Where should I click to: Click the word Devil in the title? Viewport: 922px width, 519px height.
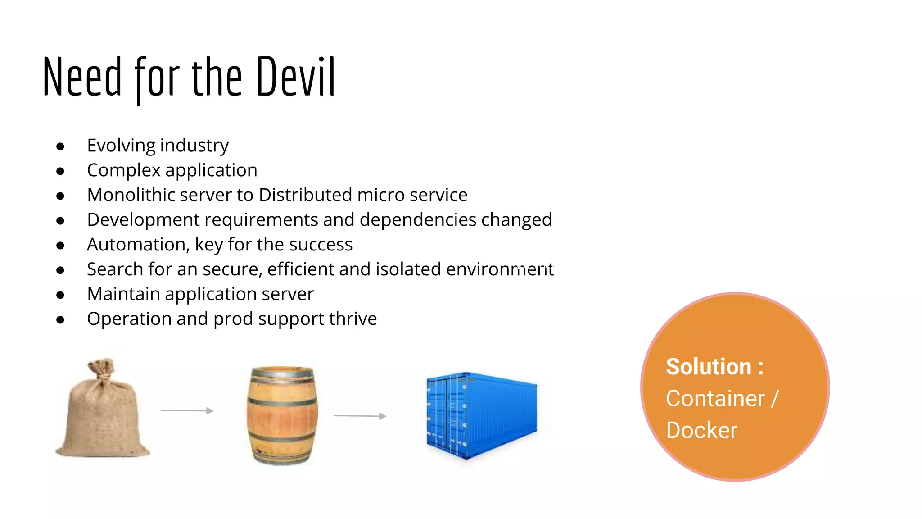click(x=296, y=77)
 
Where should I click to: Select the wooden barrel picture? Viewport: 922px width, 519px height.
click(x=282, y=415)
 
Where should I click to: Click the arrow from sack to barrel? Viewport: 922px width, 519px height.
click(x=187, y=410)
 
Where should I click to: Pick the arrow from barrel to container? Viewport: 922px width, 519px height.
click(x=360, y=416)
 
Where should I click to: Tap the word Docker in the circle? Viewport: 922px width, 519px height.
click(x=701, y=430)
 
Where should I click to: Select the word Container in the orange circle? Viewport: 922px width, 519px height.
click(x=715, y=399)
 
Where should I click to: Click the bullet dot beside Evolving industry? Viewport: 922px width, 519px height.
click(x=60, y=146)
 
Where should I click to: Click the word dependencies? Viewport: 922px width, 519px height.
click(x=418, y=220)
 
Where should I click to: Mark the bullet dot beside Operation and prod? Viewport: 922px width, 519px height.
click(x=60, y=320)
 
